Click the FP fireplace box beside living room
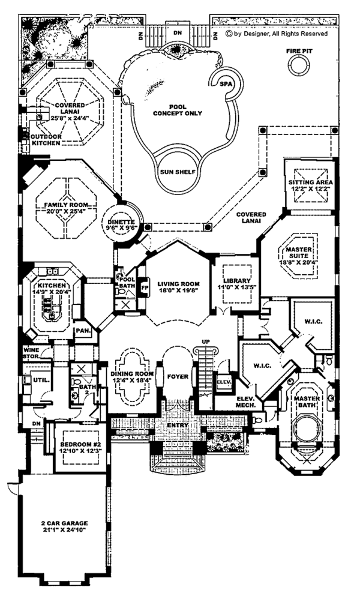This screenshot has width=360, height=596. [x=144, y=286]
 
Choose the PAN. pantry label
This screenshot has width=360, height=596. [x=81, y=331]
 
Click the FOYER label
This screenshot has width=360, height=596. [x=178, y=377]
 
